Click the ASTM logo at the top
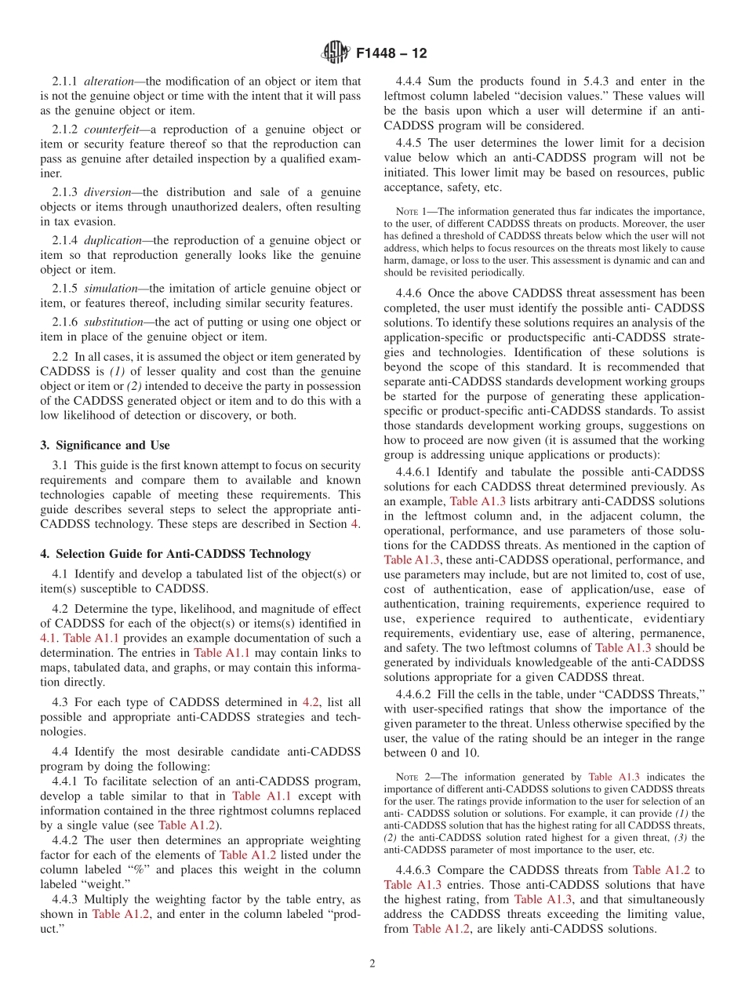(x=335, y=53)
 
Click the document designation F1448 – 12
(x=391, y=54)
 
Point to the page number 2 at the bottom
(x=372, y=963)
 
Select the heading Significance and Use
(x=104, y=445)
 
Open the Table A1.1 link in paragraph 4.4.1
(x=257, y=796)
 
